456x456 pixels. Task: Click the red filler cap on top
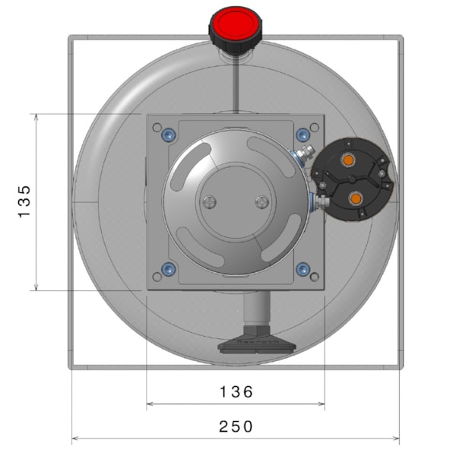click(x=236, y=25)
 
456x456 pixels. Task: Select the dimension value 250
click(x=236, y=426)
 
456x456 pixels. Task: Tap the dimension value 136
click(x=236, y=392)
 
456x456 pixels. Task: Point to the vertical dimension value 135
click(x=25, y=201)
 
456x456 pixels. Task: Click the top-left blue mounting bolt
click(x=169, y=135)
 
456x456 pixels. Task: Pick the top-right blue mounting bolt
click(x=303, y=135)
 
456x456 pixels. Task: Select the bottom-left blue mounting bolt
click(x=169, y=269)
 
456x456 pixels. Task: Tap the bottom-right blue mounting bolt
click(x=303, y=269)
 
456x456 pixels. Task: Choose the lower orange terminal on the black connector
click(x=356, y=198)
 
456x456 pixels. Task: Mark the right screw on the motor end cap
click(x=263, y=201)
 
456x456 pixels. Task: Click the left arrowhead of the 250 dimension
click(x=74, y=438)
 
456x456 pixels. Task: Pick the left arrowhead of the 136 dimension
click(x=149, y=404)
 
